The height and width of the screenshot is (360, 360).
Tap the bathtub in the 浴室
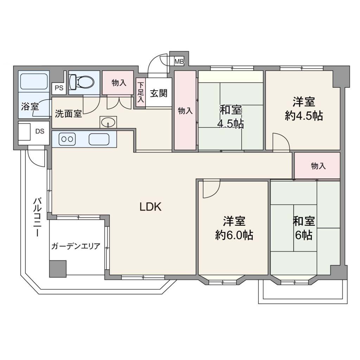[x=34, y=82]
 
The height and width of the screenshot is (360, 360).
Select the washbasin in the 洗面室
[x=108, y=122]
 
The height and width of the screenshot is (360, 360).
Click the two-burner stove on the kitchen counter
[x=67, y=139]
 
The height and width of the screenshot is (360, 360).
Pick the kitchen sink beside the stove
[x=99, y=139]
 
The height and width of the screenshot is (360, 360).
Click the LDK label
[x=150, y=207]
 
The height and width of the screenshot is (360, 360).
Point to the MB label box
[x=179, y=61]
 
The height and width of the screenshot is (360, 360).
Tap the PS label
[x=59, y=88]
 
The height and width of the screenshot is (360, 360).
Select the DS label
[x=40, y=131]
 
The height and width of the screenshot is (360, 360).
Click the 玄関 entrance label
[x=159, y=93]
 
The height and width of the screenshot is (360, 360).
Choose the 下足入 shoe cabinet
[x=141, y=92]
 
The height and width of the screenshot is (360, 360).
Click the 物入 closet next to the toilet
[x=118, y=83]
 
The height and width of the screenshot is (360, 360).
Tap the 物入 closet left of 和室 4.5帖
[x=185, y=110]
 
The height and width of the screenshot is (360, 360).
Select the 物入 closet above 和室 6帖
[x=317, y=166]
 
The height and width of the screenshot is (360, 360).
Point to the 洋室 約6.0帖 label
[x=234, y=228]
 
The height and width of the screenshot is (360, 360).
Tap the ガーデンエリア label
[x=76, y=246]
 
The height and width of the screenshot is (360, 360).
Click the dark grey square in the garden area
[x=58, y=269]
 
